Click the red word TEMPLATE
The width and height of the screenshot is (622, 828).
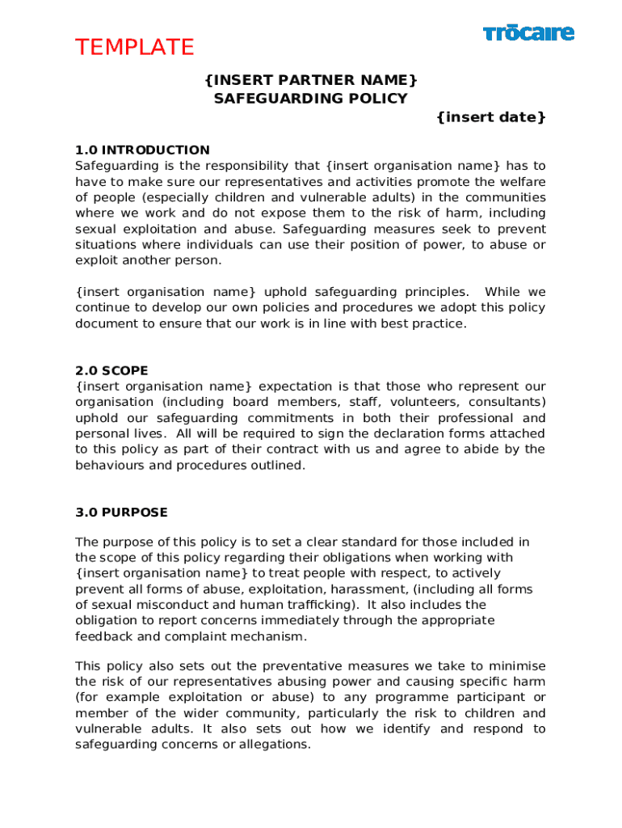pos(135,48)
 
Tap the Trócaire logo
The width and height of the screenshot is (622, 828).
pos(528,33)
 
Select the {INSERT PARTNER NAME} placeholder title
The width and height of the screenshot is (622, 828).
pos(311,79)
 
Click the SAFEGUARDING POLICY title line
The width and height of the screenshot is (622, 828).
pos(311,99)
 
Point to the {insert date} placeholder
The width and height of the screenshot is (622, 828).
pos(491,118)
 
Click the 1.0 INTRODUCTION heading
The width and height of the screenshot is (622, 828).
pos(142,150)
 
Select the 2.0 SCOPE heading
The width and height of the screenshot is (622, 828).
pos(111,371)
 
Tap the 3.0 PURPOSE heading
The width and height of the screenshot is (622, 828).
pos(121,513)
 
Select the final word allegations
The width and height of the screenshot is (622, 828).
pos(273,745)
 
